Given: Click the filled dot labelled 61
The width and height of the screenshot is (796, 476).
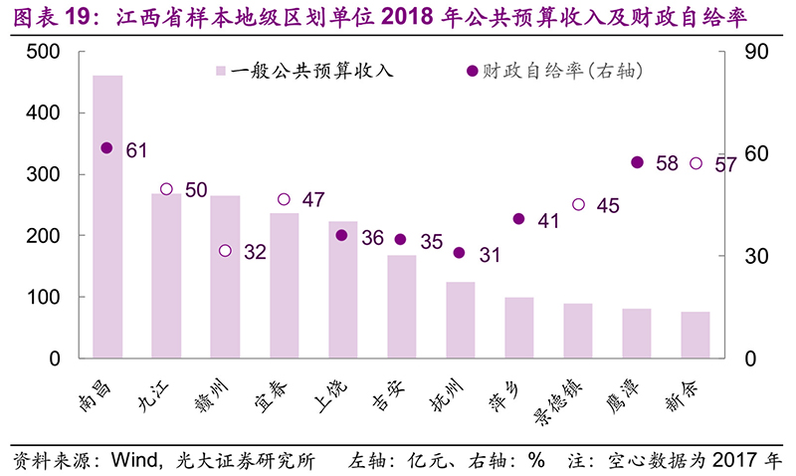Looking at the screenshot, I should click(x=107, y=148).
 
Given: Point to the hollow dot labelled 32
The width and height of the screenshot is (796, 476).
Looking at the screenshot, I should click(x=225, y=251).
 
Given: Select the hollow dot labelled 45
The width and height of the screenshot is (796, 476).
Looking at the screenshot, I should click(x=578, y=205).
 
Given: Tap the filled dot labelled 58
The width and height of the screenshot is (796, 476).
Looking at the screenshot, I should click(x=637, y=162).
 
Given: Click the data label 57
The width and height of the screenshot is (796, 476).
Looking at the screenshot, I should click(x=725, y=164).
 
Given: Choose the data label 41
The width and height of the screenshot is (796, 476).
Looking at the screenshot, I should click(x=549, y=220).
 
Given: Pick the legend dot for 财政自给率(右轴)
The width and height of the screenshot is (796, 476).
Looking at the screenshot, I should click(x=472, y=72).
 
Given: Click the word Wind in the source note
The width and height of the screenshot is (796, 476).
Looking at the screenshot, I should click(x=131, y=461).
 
